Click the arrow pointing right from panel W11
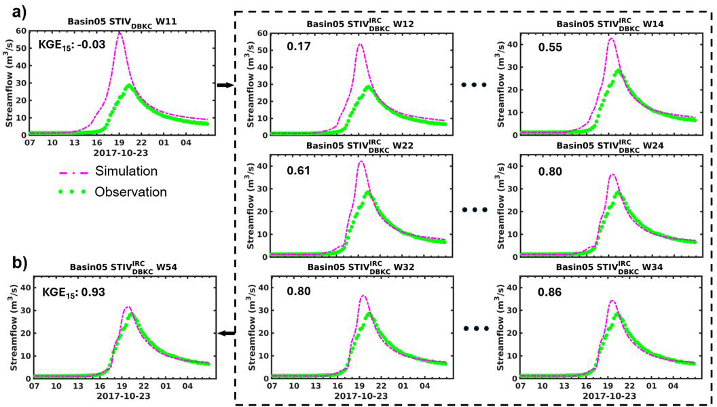[x=223, y=85]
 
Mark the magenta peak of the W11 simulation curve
[x=119, y=32]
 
